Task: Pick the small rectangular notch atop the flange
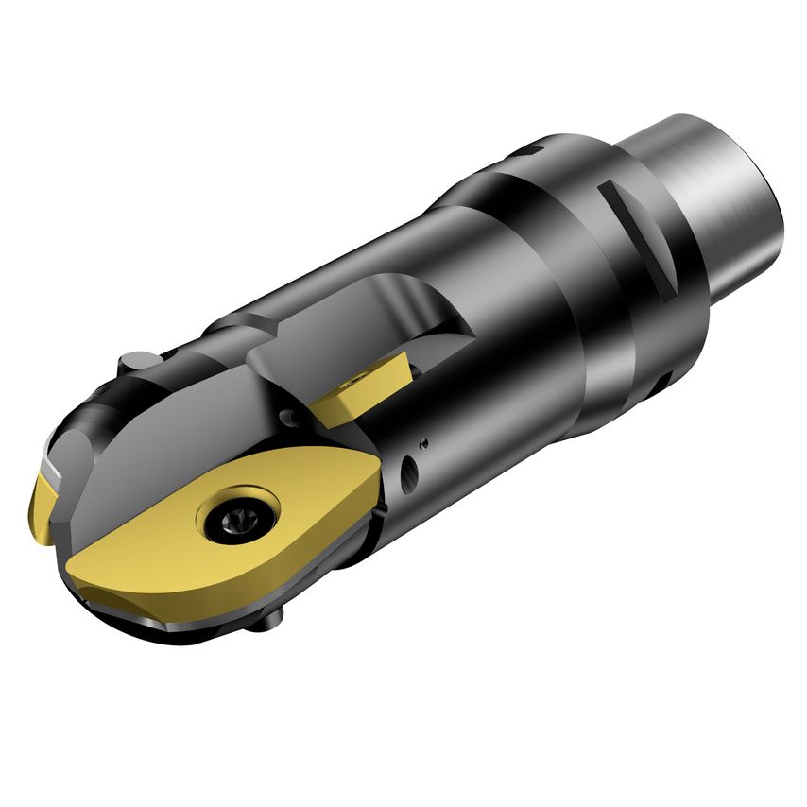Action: tap(531, 148)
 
